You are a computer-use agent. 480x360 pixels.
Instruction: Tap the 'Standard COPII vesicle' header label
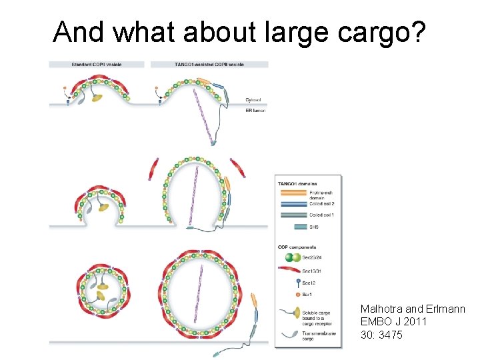[x=96, y=65]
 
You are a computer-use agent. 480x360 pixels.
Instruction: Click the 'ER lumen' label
[x=255, y=110]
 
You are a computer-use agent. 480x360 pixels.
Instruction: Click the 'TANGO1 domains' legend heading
[x=297, y=183]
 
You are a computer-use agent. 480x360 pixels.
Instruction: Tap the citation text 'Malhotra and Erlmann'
[x=413, y=309]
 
